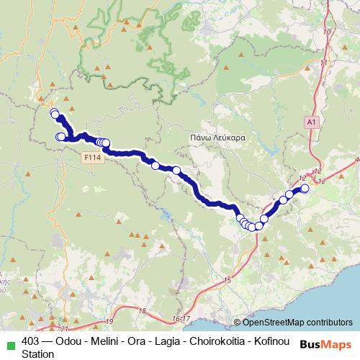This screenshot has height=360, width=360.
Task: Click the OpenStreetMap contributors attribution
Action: pyautogui.click(x=293, y=322)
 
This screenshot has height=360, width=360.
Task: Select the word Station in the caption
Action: pyautogui.click(x=37, y=354)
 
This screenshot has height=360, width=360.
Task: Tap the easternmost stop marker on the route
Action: pyautogui.click(x=305, y=189)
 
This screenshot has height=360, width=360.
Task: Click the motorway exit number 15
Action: pyautogui.click(x=228, y=279)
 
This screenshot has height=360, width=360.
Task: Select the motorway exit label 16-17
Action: pyautogui.click(x=181, y=318)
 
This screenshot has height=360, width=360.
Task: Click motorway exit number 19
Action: pyautogui.click(x=109, y=321)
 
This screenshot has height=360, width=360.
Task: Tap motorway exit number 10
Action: pyautogui.click(x=328, y=32)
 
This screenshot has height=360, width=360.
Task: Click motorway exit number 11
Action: pyautogui.click(x=323, y=63)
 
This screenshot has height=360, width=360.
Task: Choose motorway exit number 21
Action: pyautogui.click(x=64, y=328)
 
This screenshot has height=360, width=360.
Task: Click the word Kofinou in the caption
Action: pyautogui.click(x=269, y=341)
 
